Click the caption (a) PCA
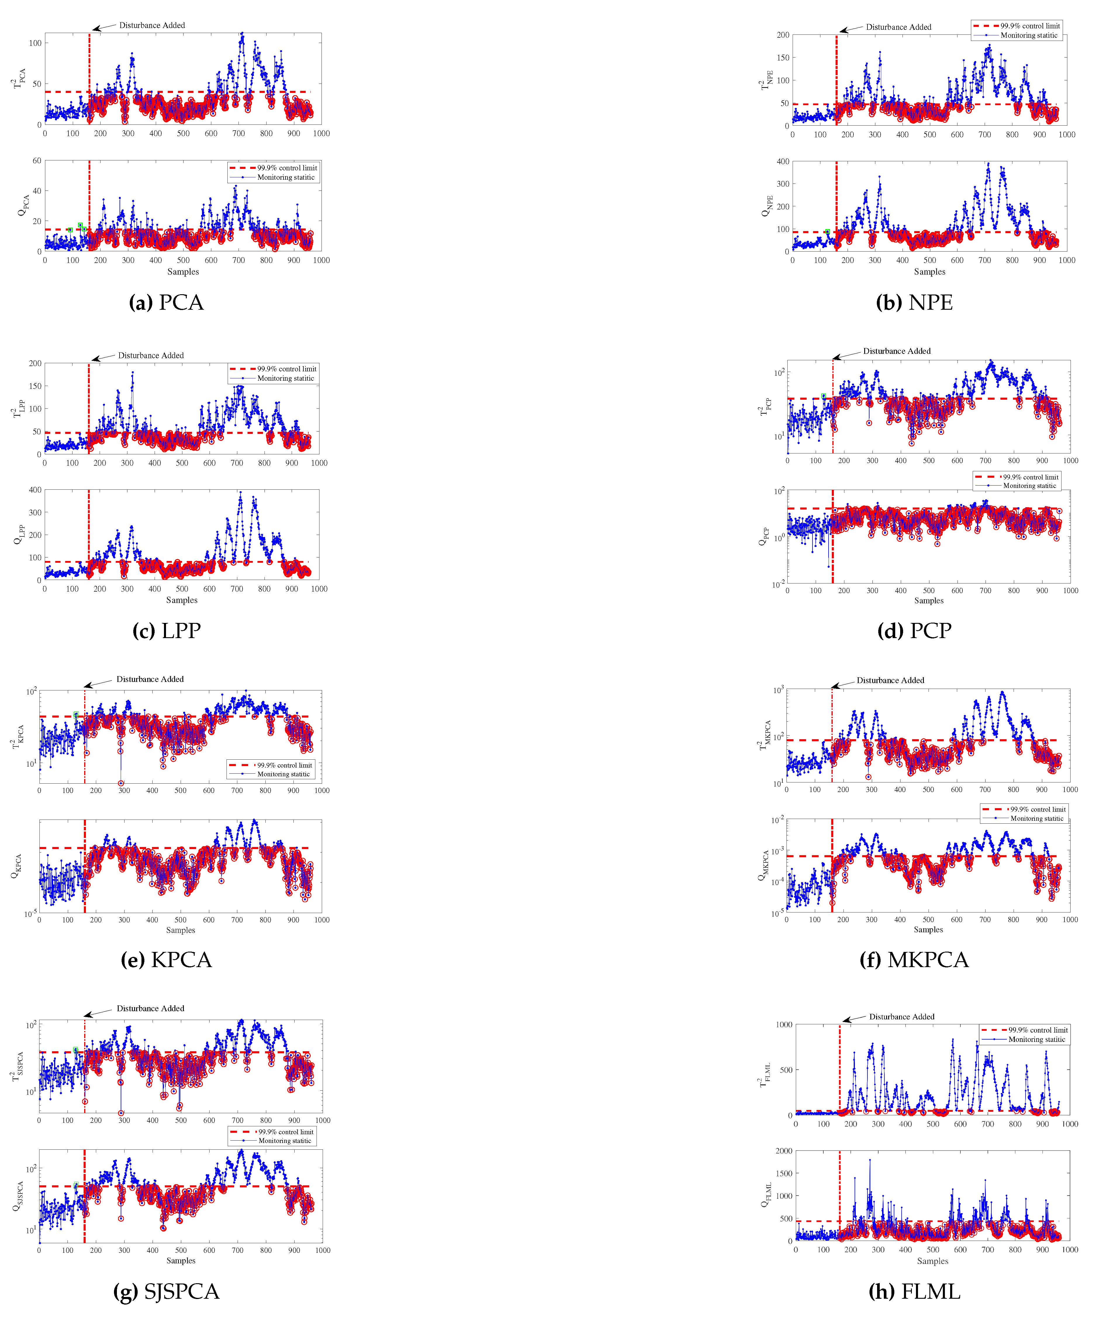click(x=166, y=302)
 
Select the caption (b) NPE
click(x=914, y=302)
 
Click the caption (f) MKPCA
click(x=914, y=960)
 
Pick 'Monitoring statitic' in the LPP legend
click(x=286, y=378)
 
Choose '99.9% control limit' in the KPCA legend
click(x=284, y=765)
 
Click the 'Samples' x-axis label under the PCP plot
click(x=929, y=601)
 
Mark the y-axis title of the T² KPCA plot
click(x=18, y=737)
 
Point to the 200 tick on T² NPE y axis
click(x=783, y=35)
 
